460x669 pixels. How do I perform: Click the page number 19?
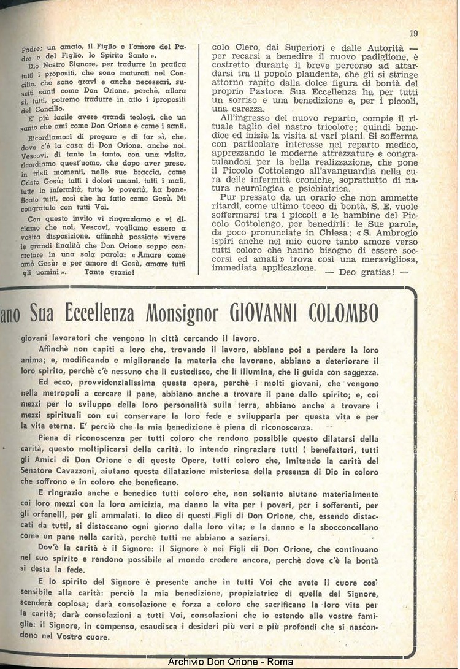pyautogui.click(x=413, y=34)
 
